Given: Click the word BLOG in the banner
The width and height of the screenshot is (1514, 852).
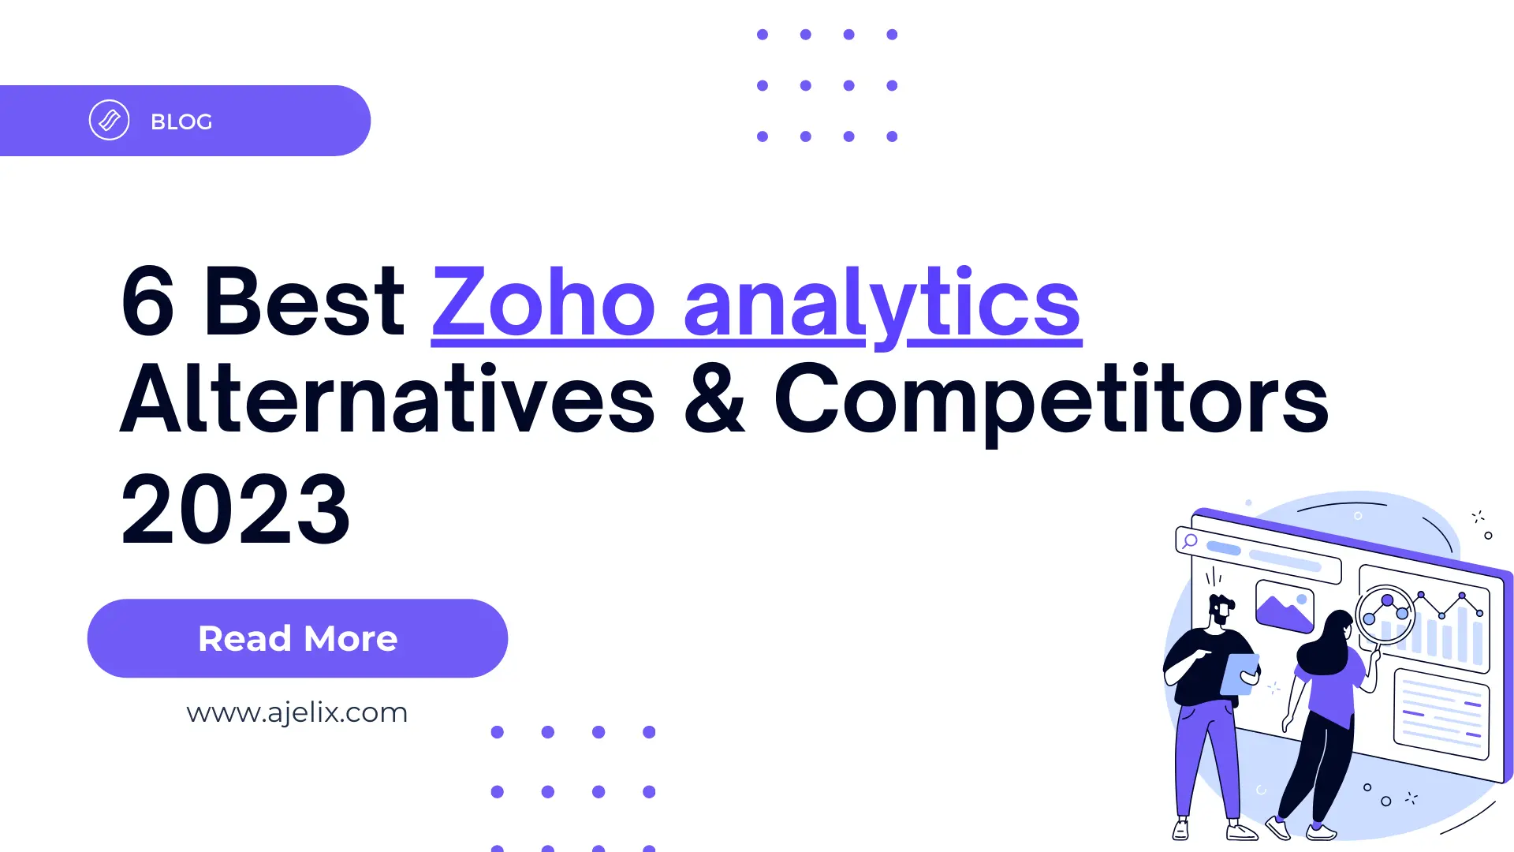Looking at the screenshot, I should (181, 121).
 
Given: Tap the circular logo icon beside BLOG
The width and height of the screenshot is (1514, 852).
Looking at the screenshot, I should (109, 121).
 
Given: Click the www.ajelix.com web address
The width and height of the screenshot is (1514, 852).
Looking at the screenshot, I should (296, 712).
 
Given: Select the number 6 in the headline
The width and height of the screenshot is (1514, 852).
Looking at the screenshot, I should (147, 302).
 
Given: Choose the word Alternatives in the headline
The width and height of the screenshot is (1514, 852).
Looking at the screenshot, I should (387, 400).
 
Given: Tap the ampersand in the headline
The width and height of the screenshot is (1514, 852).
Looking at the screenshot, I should (714, 400).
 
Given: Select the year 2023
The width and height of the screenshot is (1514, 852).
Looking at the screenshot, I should (235, 510).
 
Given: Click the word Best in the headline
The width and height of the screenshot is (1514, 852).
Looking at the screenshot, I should (304, 302).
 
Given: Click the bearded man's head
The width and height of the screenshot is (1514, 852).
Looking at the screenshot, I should (1221, 609).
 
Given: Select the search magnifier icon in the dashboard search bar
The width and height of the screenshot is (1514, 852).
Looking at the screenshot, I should (1190, 541).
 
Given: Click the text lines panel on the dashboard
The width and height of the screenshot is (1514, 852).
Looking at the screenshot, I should (1441, 715).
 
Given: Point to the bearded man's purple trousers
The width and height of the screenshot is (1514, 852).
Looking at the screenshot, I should (1203, 757).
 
